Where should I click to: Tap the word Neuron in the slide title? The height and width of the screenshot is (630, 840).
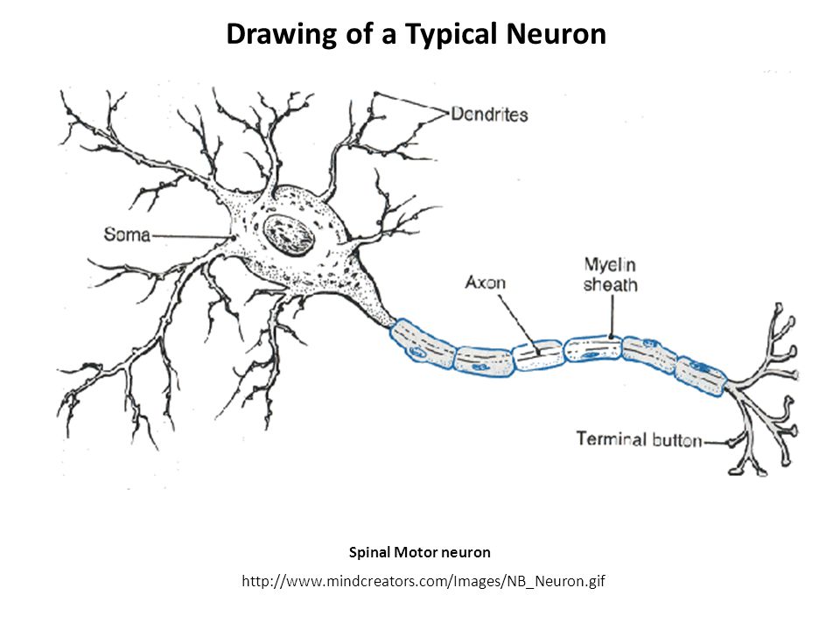click(556, 34)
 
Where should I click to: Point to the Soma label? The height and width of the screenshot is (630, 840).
click(128, 234)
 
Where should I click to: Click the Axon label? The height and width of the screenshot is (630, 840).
click(485, 283)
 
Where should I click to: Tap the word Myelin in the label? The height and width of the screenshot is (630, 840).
click(609, 265)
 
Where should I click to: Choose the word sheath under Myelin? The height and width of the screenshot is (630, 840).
click(611, 284)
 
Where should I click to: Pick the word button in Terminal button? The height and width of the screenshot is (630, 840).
click(676, 440)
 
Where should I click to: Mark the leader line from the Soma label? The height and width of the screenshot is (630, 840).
click(192, 235)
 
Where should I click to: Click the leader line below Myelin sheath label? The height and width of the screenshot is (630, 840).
click(612, 315)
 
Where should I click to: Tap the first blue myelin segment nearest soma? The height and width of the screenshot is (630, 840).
click(423, 341)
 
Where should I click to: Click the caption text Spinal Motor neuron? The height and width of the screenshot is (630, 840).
click(419, 552)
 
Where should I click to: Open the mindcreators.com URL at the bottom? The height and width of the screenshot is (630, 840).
click(419, 582)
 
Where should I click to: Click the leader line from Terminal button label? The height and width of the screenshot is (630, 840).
click(717, 443)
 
